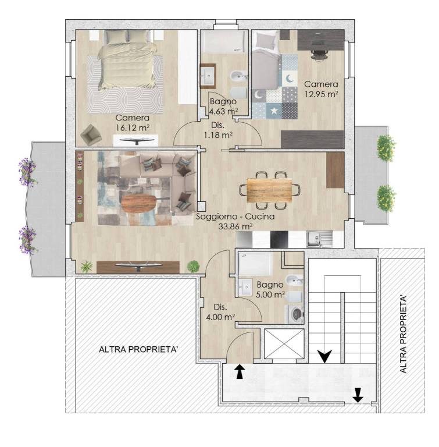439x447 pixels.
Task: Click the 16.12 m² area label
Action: point(133,127)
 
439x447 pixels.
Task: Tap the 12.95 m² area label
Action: point(322,94)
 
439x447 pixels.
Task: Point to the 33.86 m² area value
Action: point(235,226)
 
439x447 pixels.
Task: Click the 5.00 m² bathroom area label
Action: point(270,295)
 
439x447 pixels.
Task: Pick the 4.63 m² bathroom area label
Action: point(224,111)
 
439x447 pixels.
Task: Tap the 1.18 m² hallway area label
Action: point(218,135)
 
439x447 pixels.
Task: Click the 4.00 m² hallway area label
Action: point(220,317)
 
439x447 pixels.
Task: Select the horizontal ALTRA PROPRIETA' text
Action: point(138,349)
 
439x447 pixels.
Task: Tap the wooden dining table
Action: point(269,190)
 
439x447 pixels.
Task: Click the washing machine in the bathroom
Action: point(295,314)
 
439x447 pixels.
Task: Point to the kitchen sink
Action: point(319,239)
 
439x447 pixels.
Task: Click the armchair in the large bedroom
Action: point(91,134)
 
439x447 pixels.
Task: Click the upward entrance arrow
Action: point(240,371)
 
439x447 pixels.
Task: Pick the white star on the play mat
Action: point(274,111)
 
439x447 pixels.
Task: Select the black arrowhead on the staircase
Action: point(325,356)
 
